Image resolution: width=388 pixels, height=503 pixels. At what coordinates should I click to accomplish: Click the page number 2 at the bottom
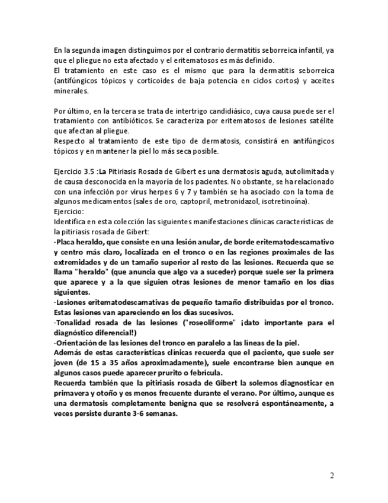click(332, 475)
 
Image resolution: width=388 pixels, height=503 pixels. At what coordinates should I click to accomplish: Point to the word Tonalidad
click(73, 322)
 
